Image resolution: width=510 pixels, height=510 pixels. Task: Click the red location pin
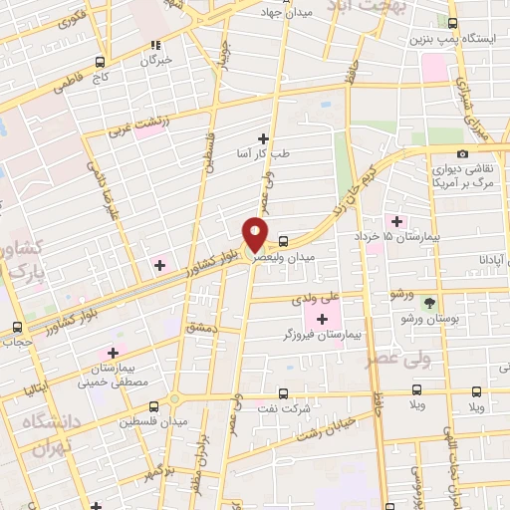pos(256,234)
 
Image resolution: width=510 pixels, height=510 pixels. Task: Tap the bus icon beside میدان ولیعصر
pos(284,241)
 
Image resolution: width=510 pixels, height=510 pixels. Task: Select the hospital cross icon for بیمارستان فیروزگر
pos(322,319)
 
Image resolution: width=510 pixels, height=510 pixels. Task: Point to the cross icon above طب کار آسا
pos(263,137)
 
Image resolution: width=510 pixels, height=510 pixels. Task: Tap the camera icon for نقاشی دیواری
pos(462,153)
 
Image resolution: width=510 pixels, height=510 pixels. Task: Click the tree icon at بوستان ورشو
pos(430,302)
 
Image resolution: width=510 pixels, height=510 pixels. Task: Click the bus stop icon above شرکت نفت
pos(283,393)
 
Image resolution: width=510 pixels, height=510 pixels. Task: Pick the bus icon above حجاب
pos(17,327)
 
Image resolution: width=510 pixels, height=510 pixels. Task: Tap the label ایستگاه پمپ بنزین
pos(445,40)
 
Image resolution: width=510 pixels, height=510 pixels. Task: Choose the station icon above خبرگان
pos(154,45)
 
